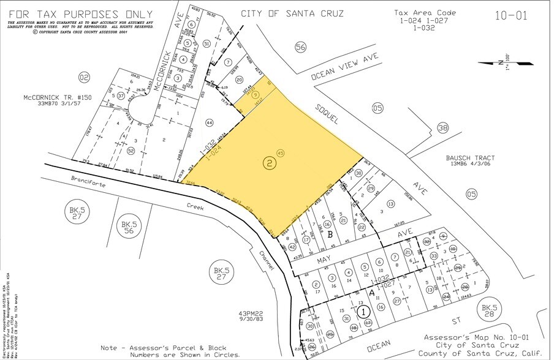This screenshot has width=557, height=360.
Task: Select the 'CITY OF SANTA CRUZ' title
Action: (292, 13)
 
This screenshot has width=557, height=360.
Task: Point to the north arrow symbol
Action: (513, 62)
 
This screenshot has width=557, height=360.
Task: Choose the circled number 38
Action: (443, 128)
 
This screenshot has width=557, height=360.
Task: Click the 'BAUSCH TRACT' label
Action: (471, 158)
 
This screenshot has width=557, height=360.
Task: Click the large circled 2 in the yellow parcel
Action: (269, 162)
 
